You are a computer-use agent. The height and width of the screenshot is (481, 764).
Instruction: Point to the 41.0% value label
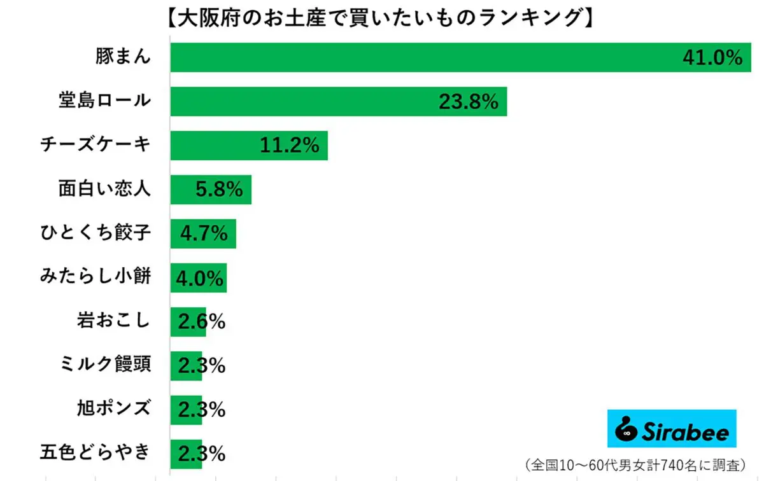point(712,58)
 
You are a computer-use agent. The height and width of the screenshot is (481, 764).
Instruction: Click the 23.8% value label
point(468,102)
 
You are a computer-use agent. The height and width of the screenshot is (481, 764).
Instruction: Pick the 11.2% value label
point(289,146)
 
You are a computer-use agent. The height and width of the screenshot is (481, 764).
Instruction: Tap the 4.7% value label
point(204,234)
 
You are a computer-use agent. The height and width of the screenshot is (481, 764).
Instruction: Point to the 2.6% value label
point(201,322)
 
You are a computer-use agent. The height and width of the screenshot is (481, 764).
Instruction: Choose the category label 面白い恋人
point(104,189)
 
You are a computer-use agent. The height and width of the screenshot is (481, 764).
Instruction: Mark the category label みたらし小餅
point(95,277)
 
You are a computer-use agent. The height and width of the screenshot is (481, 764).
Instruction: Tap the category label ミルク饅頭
point(104,365)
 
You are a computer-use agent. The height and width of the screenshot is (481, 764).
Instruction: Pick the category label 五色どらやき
point(95,453)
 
